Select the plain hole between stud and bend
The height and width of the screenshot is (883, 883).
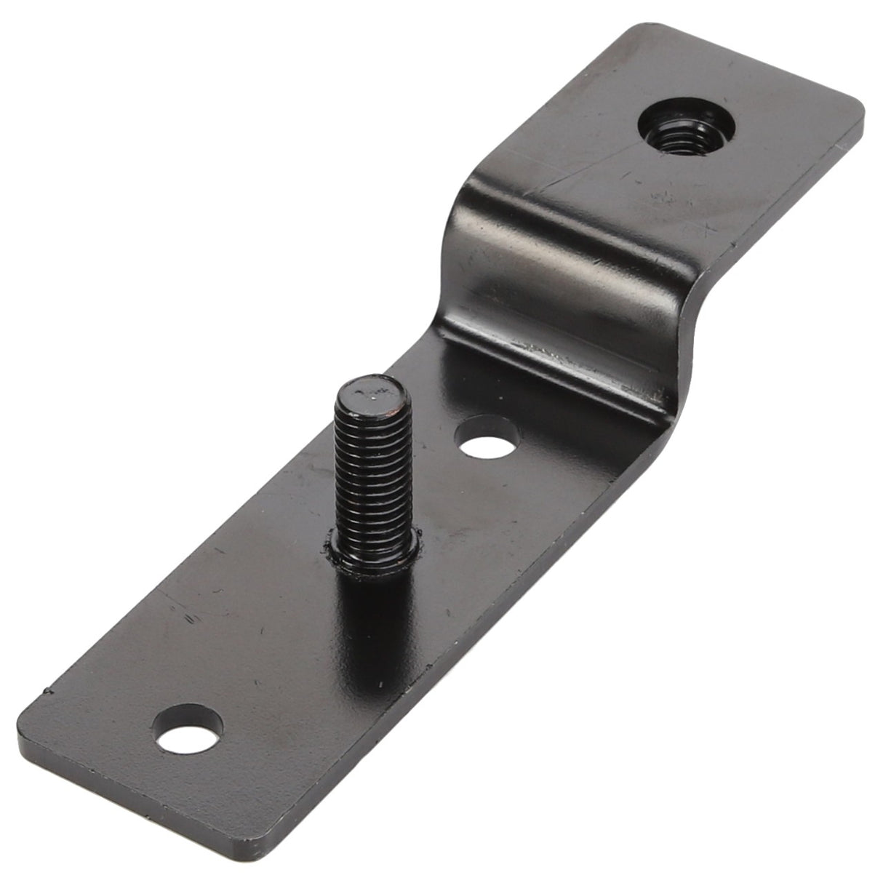pyautogui.click(x=487, y=436)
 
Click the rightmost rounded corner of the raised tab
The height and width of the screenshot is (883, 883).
pyautogui.click(x=858, y=116)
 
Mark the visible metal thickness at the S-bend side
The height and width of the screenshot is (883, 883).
pyautogui.click(x=695, y=342)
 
